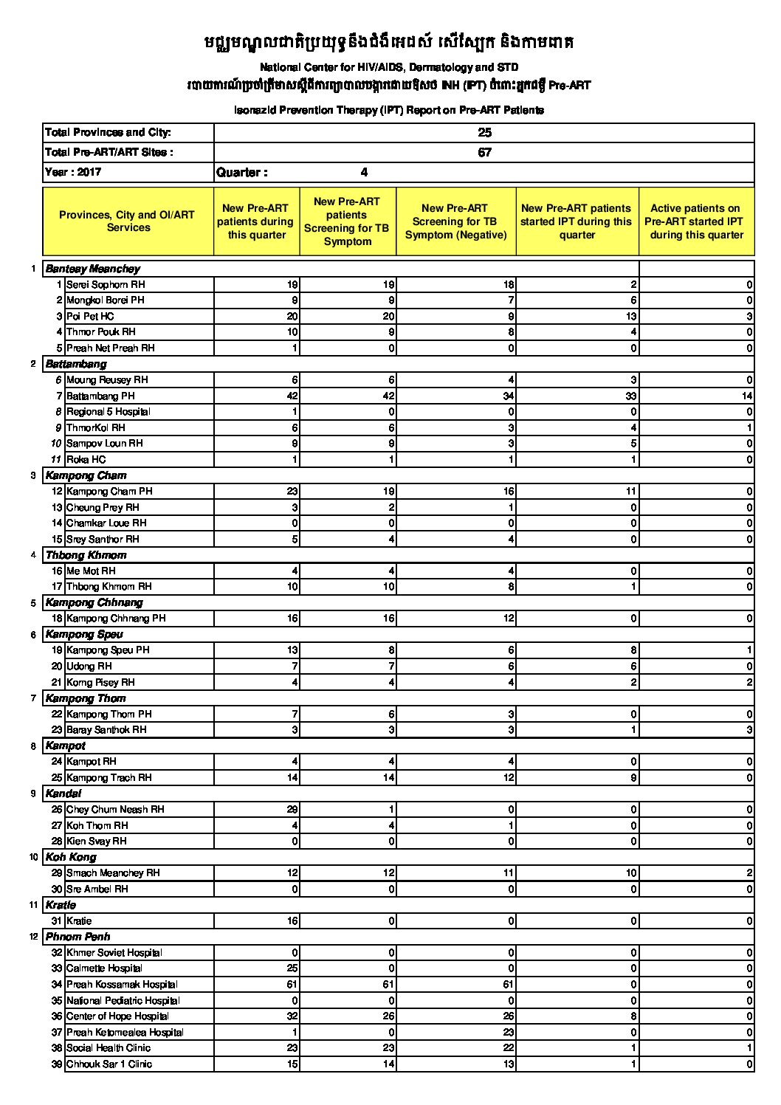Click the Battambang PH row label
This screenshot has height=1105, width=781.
click(x=100, y=396)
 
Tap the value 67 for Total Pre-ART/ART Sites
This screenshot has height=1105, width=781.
click(x=484, y=153)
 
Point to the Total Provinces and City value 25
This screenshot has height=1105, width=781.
click(x=484, y=133)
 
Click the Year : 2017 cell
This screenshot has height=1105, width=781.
click(x=73, y=172)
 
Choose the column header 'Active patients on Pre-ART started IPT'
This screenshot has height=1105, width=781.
click(x=696, y=221)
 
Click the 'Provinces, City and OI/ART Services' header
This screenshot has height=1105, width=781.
click(x=127, y=221)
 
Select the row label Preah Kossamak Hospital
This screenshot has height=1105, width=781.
click(x=122, y=985)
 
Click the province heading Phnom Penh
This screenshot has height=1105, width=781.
click(x=78, y=937)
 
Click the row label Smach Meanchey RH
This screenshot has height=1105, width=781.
click(x=113, y=873)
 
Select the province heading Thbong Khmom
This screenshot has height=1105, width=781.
click(x=86, y=555)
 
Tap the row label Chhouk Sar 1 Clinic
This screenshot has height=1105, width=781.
click(x=109, y=1064)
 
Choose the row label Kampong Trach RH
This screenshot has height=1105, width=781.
click(x=109, y=778)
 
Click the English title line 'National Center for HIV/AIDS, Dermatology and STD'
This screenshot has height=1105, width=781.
click(x=389, y=67)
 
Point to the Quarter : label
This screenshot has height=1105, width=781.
click(x=241, y=173)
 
